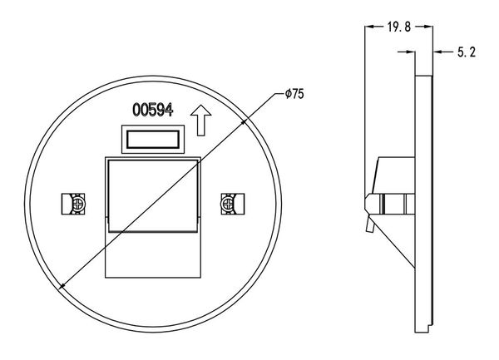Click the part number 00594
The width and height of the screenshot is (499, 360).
tap(153, 110)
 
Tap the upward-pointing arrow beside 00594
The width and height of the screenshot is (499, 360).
tap(200, 121)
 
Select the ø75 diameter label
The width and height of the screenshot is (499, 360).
tap(294, 94)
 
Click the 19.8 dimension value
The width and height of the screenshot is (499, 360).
tap(399, 27)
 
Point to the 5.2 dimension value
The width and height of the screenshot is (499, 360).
tap(467, 52)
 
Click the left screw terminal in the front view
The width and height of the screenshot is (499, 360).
tap(73, 204)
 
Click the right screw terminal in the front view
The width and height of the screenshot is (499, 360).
tap(233, 204)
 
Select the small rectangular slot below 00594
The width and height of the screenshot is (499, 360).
tap(153, 140)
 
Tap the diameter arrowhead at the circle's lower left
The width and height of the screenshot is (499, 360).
tap(62, 286)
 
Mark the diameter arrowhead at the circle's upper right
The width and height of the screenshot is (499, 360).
tap(244, 121)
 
